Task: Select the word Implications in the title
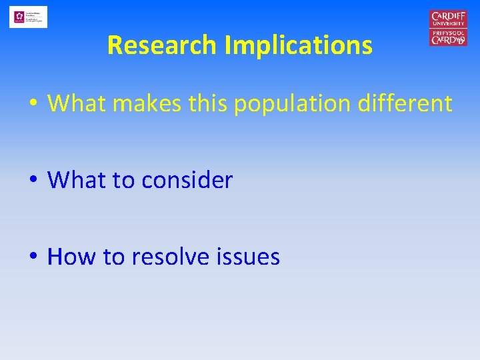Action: click(298, 45)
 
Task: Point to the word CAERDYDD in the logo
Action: click(448, 40)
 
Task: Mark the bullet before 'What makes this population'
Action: click(32, 103)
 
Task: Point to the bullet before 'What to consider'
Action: click(32, 180)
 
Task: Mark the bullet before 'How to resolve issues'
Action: click(32, 257)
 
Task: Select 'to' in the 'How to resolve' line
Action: click(113, 257)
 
